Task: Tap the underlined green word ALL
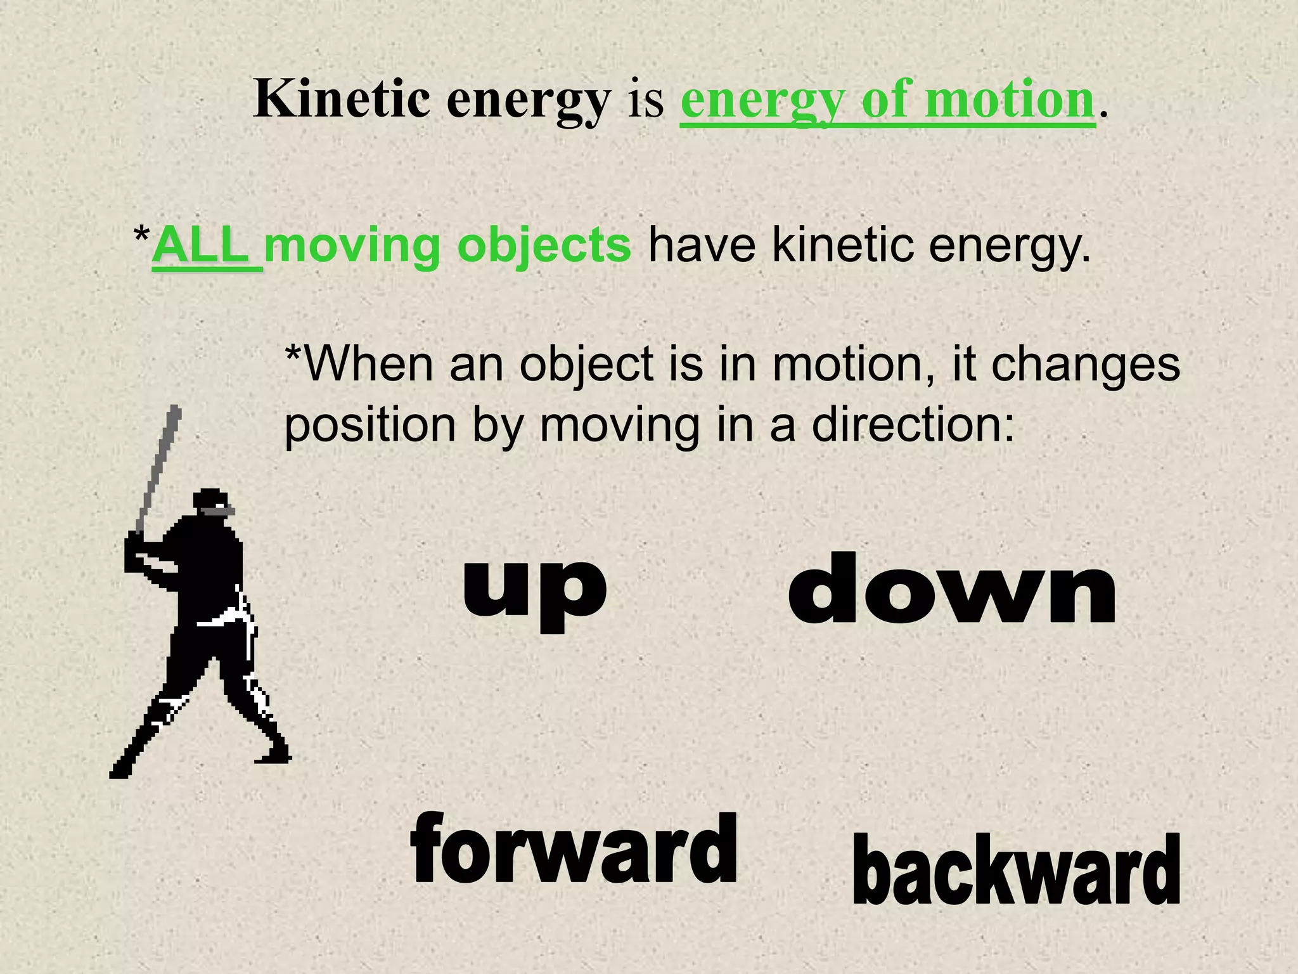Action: [200, 246]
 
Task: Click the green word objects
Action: [544, 247]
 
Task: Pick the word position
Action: [369, 426]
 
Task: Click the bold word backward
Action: [1016, 870]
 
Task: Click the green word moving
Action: [352, 246]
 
